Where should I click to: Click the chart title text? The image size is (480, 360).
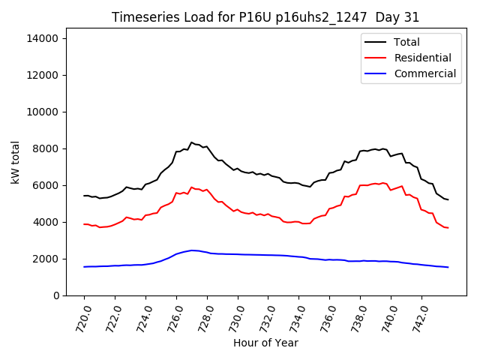pyautogui.click(x=265, y=17)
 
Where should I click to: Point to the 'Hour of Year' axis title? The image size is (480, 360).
pyautogui.click(x=265, y=343)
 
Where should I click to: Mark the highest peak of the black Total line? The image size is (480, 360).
pyautogui.click(x=191, y=142)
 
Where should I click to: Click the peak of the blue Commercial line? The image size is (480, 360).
pyautogui.click(x=192, y=250)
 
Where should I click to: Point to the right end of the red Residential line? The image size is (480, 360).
pyautogui.click(x=448, y=227)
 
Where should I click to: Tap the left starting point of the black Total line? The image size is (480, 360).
pyautogui.click(x=84, y=196)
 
